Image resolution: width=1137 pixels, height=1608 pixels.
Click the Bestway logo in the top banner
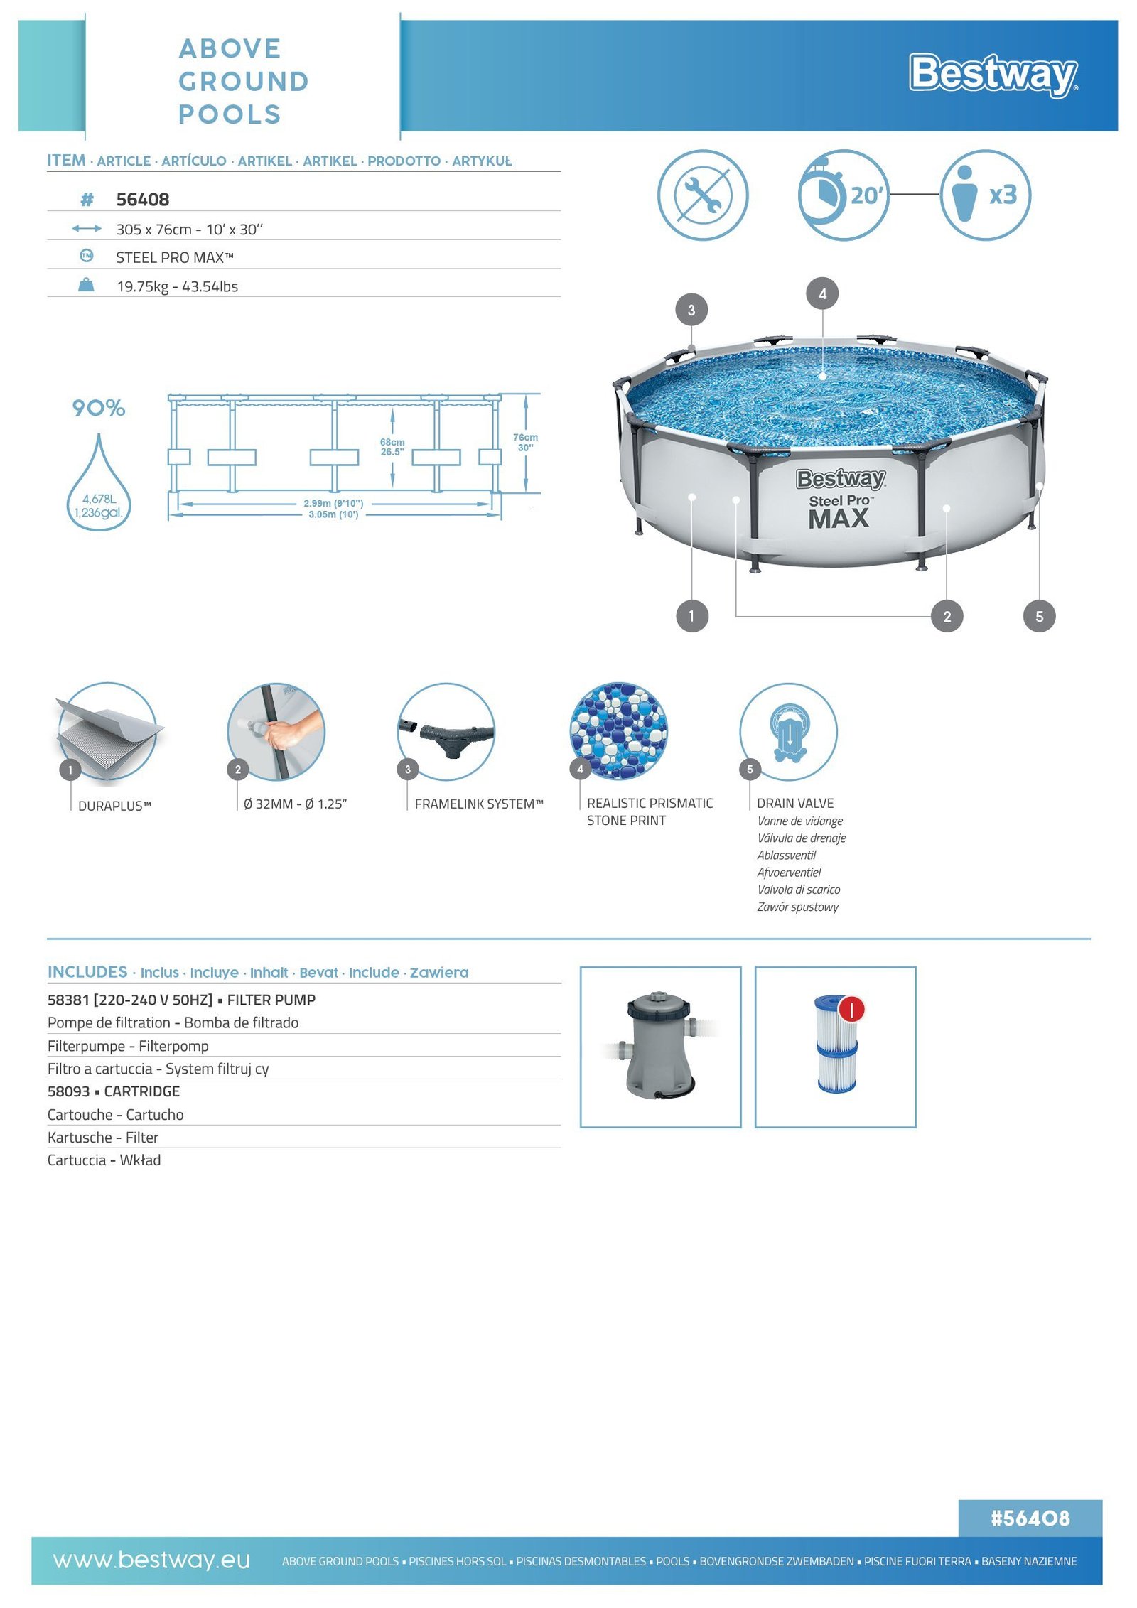(993, 74)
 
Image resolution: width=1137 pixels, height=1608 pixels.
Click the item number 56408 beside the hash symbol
(143, 200)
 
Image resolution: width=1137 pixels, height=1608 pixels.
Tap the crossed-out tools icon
(702, 195)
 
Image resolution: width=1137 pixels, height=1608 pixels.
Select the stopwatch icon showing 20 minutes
(843, 195)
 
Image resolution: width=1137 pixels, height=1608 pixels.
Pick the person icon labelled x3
(985, 195)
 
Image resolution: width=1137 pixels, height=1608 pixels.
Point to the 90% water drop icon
(99, 483)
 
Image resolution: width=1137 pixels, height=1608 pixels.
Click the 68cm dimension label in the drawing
(392, 447)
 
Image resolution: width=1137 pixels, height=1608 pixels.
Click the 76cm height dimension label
(525, 442)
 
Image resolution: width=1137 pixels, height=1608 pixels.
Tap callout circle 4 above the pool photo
(822, 293)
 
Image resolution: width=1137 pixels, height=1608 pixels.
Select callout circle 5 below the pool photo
(1039, 617)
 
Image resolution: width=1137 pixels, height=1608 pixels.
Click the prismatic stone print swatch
(619, 731)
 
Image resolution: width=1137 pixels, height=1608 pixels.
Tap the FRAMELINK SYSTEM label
(479, 804)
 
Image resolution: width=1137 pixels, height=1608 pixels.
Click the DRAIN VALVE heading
(795, 803)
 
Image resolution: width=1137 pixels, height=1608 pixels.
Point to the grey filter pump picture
(659, 1046)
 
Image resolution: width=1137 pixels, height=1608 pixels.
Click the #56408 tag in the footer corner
(1030, 1518)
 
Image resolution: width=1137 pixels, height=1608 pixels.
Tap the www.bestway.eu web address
(151, 1560)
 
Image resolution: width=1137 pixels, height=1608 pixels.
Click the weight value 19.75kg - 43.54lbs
(177, 286)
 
